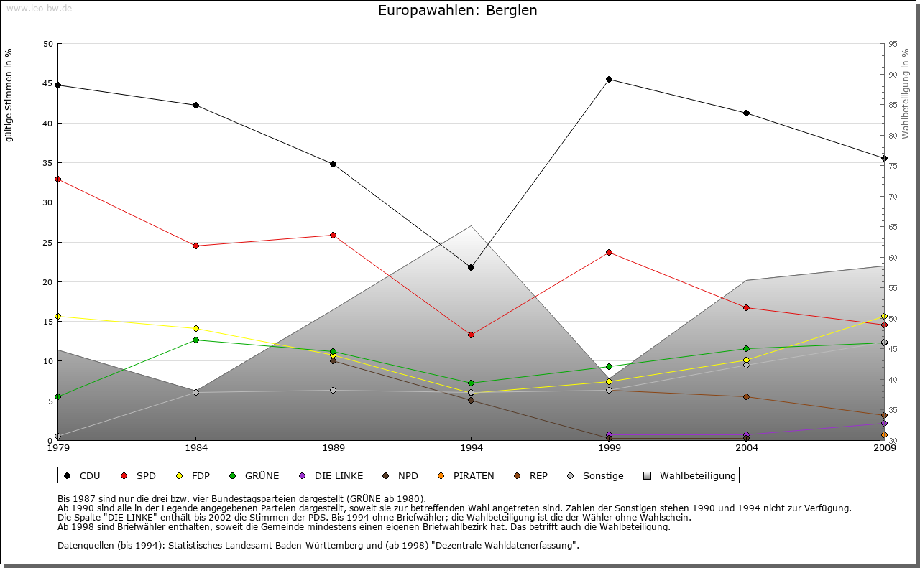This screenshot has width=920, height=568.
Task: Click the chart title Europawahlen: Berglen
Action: [x=458, y=11]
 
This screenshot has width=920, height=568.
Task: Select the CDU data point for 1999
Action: [x=609, y=79]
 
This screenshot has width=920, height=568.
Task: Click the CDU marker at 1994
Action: [x=471, y=267]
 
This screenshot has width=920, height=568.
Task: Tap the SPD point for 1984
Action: [x=195, y=246]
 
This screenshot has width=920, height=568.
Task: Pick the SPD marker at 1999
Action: [x=609, y=252]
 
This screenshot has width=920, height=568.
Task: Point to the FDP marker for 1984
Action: [x=195, y=328]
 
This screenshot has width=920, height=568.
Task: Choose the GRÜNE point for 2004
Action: [x=747, y=348]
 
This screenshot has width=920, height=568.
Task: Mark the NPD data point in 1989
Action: [x=333, y=360]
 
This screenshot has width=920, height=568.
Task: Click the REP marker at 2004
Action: [x=747, y=396]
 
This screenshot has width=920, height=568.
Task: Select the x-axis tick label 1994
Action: [x=471, y=449]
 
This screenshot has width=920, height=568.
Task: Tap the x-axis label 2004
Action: [x=747, y=449]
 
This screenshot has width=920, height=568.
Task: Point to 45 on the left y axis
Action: [x=48, y=84]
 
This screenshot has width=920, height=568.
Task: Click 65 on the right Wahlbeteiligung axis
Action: [x=892, y=227]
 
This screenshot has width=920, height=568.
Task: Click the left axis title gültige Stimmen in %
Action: [x=9, y=96]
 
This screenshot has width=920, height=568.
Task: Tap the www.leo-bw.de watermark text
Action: [x=39, y=8]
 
